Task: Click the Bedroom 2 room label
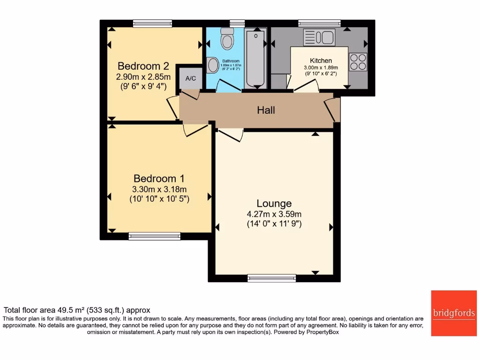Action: tap(143, 66)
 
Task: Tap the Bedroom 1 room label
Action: tap(159, 179)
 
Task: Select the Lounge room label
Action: tap(274, 203)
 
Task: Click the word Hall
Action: tap(266, 111)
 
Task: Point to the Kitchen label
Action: tap(321, 60)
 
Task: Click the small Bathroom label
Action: tap(231, 61)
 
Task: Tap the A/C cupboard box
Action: tap(191, 78)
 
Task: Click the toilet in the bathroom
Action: tap(227, 38)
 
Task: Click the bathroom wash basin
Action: tap(212, 65)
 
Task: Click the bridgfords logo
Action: tap(453, 313)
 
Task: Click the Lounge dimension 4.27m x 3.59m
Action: tap(274, 214)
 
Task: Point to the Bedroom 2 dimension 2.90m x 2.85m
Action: tap(143, 76)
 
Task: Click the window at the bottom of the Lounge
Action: tap(272, 278)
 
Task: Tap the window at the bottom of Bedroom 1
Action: tap(154, 236)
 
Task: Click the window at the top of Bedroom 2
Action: tap(152, 23)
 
